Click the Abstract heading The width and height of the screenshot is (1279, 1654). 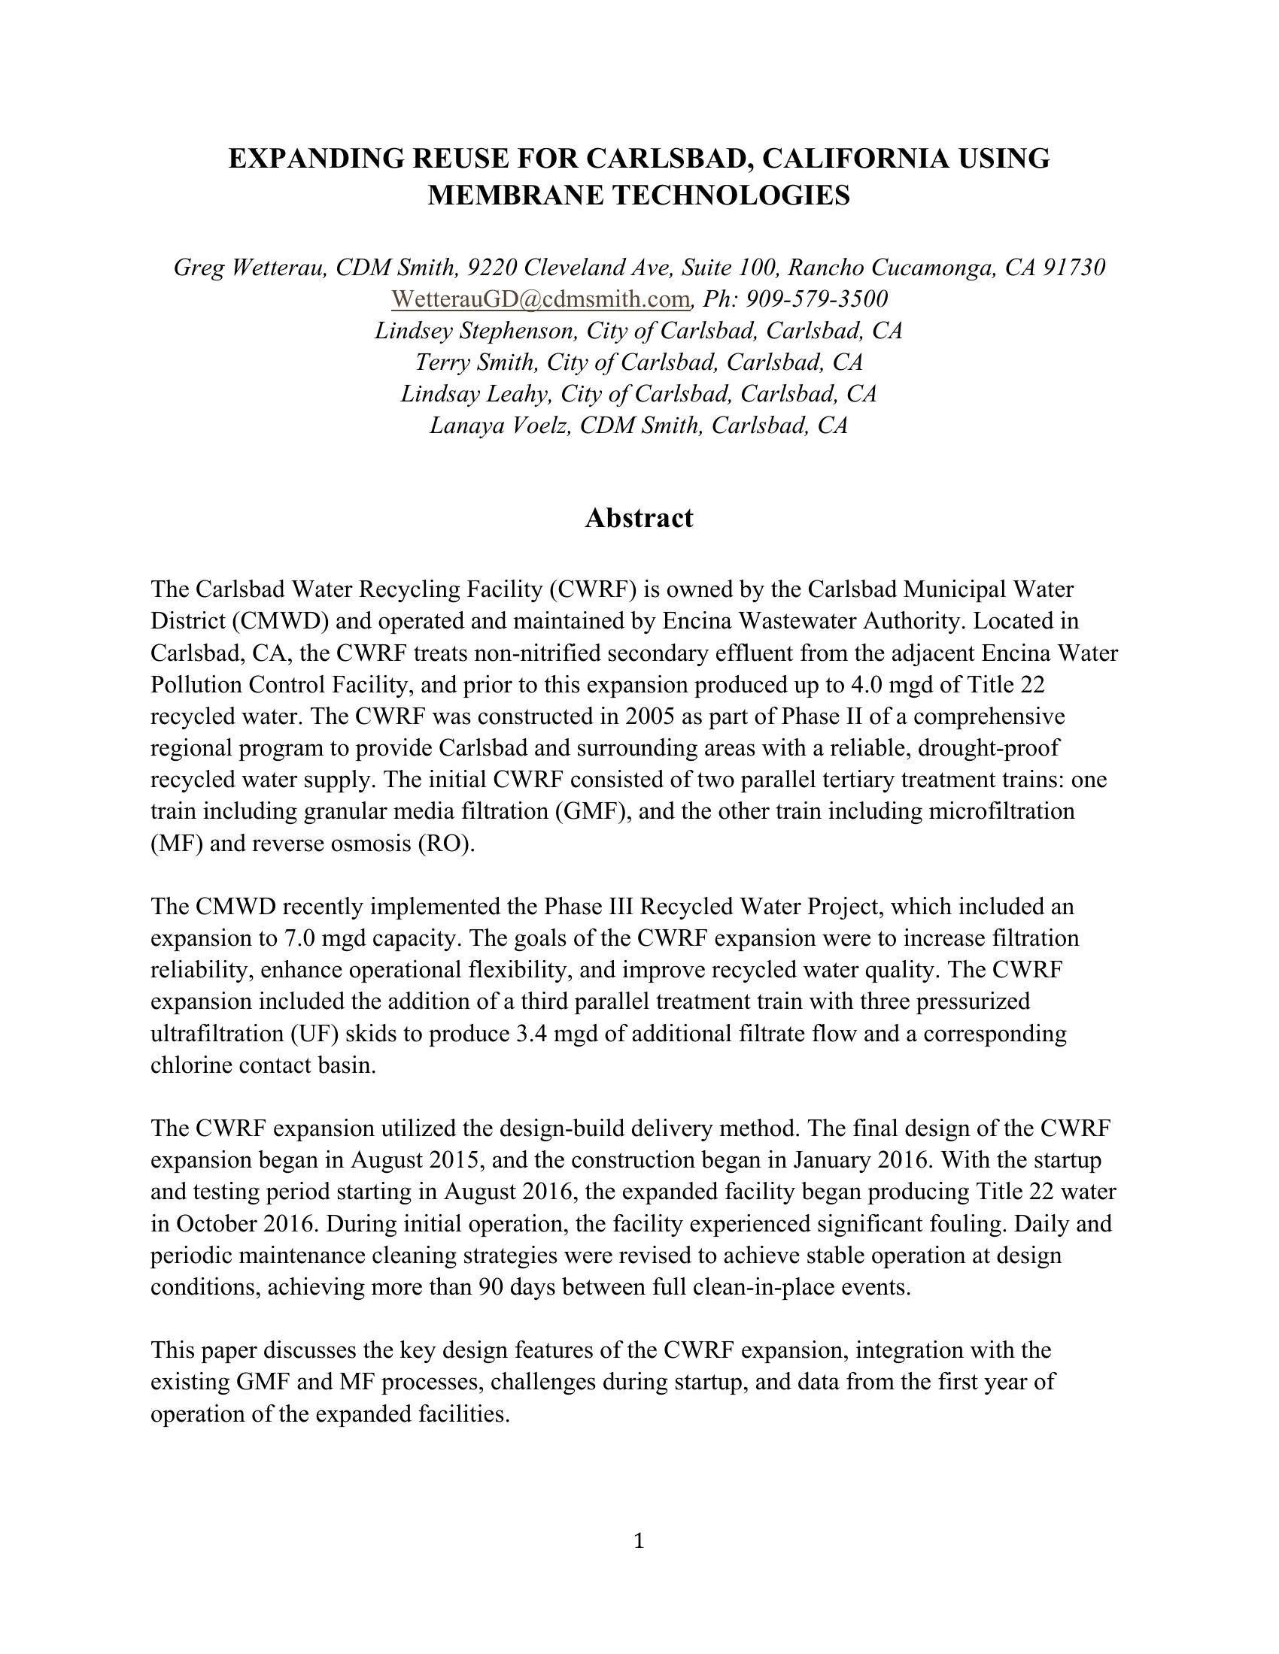pyautogui.click(x=639, y=518)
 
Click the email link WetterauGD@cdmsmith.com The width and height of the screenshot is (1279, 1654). pyautogui.click(x=540, y=299)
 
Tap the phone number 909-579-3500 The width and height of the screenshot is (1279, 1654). pyautogui.click(x=817, y=299)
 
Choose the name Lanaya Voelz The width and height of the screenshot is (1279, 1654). pyautogui.click(x=500, y=426)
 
